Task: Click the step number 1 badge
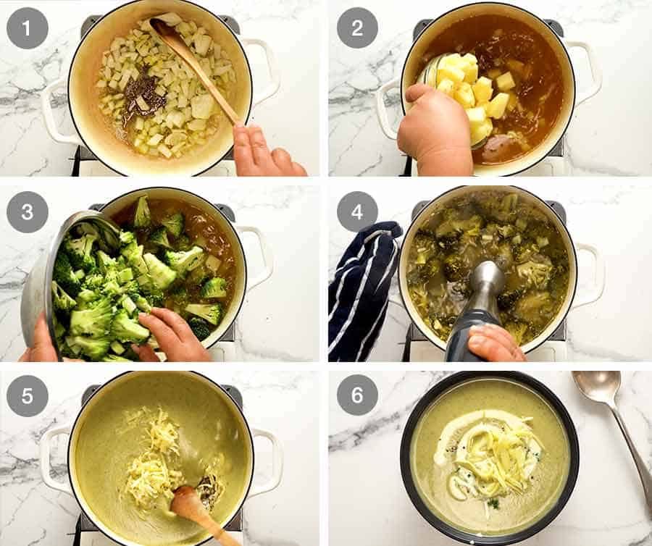[27, 28]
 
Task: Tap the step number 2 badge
[357, 28]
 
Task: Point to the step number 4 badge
[357, 211]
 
